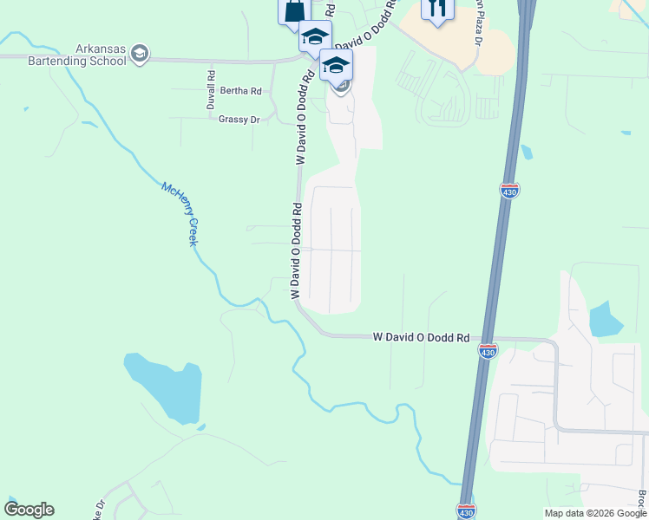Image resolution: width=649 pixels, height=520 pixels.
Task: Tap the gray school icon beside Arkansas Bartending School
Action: point(139,55)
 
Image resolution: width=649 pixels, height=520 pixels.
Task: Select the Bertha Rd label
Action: point(240,91)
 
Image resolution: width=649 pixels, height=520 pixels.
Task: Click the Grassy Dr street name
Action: point(239,120)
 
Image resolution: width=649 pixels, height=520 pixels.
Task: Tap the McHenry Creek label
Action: point(180,213)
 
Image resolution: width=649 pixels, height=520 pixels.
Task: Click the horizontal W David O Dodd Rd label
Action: point(421,337)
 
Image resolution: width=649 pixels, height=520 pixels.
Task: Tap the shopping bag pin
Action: point(294,11)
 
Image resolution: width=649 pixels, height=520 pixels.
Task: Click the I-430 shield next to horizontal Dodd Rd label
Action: point(488,350)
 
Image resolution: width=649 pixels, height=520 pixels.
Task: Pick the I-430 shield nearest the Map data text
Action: point(466,511)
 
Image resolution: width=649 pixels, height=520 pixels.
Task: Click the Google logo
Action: point(29,509)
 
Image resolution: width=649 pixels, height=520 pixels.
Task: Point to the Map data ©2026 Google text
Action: point(596,513)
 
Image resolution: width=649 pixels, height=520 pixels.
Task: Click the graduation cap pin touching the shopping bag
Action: point(314,36)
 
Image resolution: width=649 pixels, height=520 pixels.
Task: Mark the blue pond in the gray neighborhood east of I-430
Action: point(605,320)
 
